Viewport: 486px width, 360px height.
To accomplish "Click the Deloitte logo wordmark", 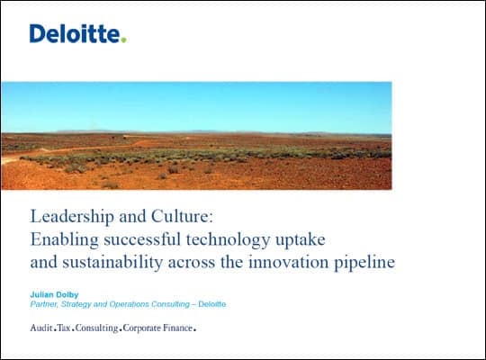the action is pos(77,33).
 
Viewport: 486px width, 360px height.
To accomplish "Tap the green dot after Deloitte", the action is pos(123,40).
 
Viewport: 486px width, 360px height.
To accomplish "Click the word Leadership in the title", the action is pos(72,217).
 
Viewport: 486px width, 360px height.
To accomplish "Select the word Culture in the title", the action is pos(182,216).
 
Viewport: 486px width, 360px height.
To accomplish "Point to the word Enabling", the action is pos(65,240).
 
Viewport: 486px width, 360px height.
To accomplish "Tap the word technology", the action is pos(228,240).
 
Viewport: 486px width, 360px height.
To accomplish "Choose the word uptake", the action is pos(301,240).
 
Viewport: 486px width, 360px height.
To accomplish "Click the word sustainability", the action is pos(112,263).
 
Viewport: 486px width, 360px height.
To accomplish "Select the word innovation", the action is pos(288,262).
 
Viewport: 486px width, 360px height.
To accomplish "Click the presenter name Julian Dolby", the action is pos(54,294).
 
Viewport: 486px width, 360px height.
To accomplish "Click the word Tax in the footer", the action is pos(64,328).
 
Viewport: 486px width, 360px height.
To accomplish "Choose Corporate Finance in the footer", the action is pos(157,328).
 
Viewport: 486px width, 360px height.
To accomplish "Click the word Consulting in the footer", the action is pos(96,328).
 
